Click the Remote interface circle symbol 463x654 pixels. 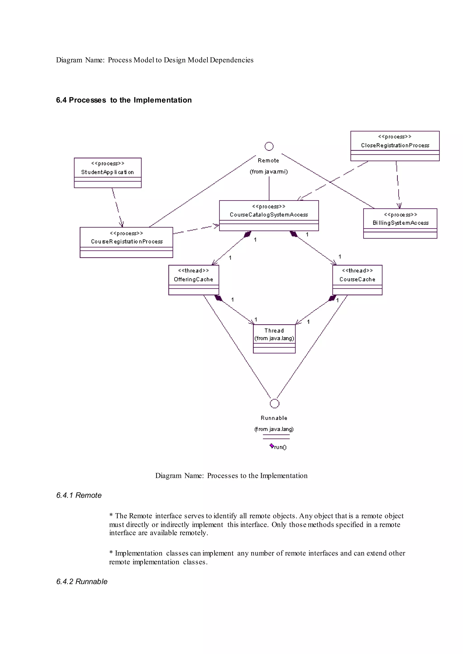click(x=269, y=146)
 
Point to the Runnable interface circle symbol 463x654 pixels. click(x=274, y=403)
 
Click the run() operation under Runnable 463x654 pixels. click(x=279, y=447)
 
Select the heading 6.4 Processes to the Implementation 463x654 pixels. click(x=124, y=100)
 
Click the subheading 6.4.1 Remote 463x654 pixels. click(x=79, y=495)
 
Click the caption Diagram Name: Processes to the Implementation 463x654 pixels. click(x=231, y=475)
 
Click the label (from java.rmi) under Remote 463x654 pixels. click(x=269, y=171)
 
